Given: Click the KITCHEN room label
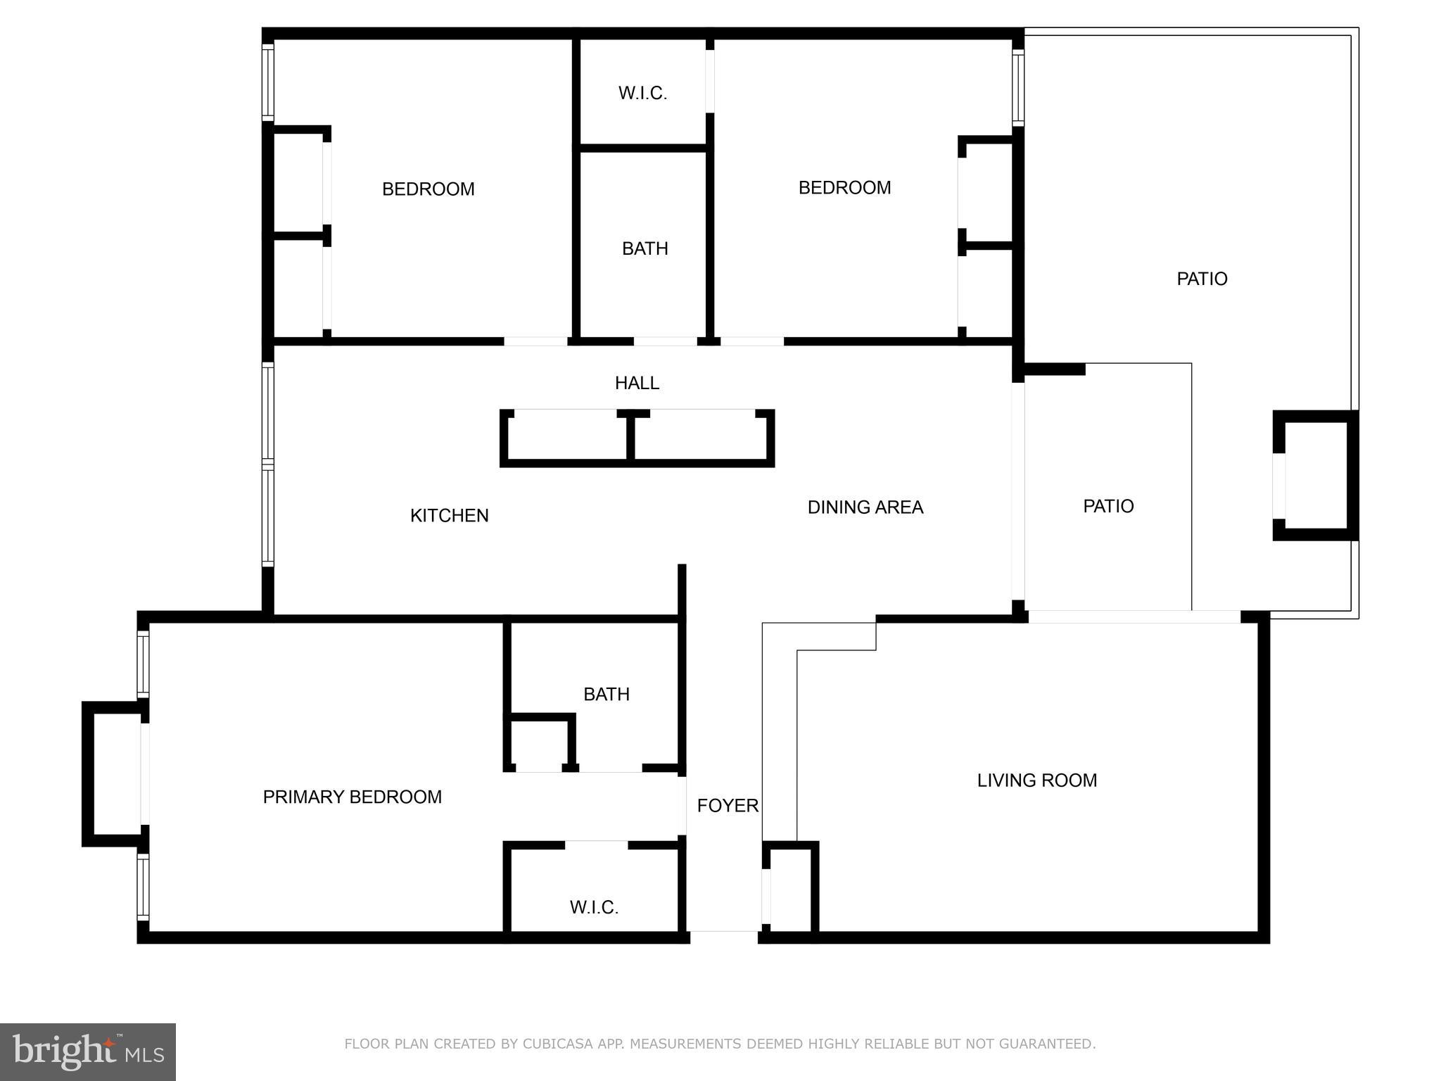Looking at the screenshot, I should [x=449, y=516].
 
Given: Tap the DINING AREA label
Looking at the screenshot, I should [x=865, y=507].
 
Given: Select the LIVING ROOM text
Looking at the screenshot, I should [x=1036, y=780].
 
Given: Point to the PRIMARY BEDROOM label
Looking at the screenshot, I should [x=352, y=797].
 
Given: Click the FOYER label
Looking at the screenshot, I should [x=728, y=806].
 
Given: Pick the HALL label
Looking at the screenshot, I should [x=637, y=384].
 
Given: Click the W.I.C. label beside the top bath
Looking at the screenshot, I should [x=642, y=94].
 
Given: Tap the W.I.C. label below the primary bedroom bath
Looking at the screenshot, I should [x=594, y=908].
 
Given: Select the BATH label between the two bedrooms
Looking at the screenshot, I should [x=645, y=249].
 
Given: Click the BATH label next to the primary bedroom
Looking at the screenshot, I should [x=606, y=695].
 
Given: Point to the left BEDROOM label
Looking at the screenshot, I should [x=428, y=189].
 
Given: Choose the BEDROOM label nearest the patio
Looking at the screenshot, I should [x=844, y=188].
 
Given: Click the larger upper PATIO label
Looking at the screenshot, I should [x=1202, y=279].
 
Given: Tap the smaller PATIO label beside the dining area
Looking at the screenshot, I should [x=1108, y=507].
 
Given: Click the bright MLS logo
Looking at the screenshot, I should [x=88, y=1052].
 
